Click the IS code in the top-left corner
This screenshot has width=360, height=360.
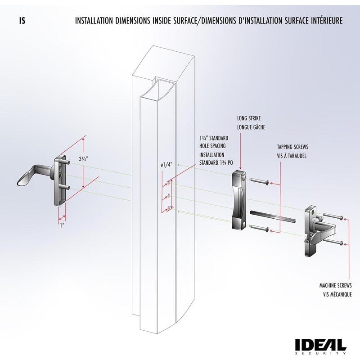pyautogui.click(x=22, y=21)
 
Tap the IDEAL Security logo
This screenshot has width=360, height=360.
pyautogui.click(x=320, y=346)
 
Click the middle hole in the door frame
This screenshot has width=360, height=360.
pyautogui.click(x=168, y=195)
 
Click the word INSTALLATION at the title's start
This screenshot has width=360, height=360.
pyautogui.click(x=95, y=21)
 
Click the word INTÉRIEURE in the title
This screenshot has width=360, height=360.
pyautogui.click(x=324, y=21)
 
